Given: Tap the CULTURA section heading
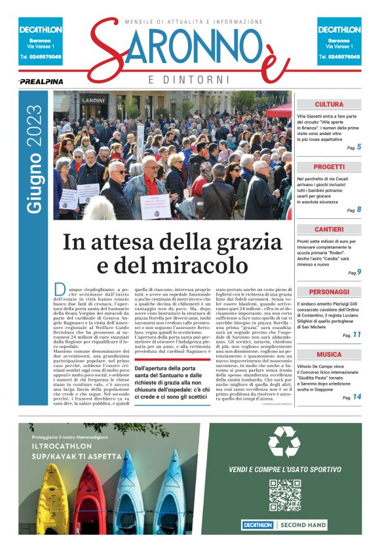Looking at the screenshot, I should (328, 104).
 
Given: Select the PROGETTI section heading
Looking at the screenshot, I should (328, 167).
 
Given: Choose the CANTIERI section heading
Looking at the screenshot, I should (328, 229).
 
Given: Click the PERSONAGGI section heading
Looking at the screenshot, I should (328, 292).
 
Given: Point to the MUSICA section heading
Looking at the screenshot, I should (328, 354).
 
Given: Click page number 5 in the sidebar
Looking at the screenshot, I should (358, 147).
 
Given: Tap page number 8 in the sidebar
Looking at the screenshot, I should (358, 210).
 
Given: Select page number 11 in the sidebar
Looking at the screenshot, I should (357, 335).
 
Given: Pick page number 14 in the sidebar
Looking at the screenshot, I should (357, 397).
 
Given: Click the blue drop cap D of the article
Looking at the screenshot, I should (60, 290).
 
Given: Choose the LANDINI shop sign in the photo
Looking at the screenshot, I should (94, 100).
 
